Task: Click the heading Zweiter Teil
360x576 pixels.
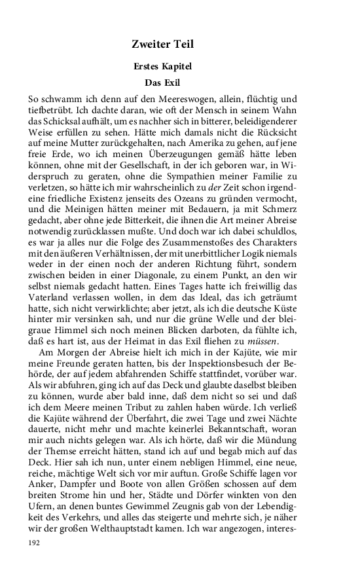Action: pos(162,45)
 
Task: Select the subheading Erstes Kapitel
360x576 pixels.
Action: pos(162,67)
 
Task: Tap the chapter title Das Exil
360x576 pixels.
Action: pos(162,83)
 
